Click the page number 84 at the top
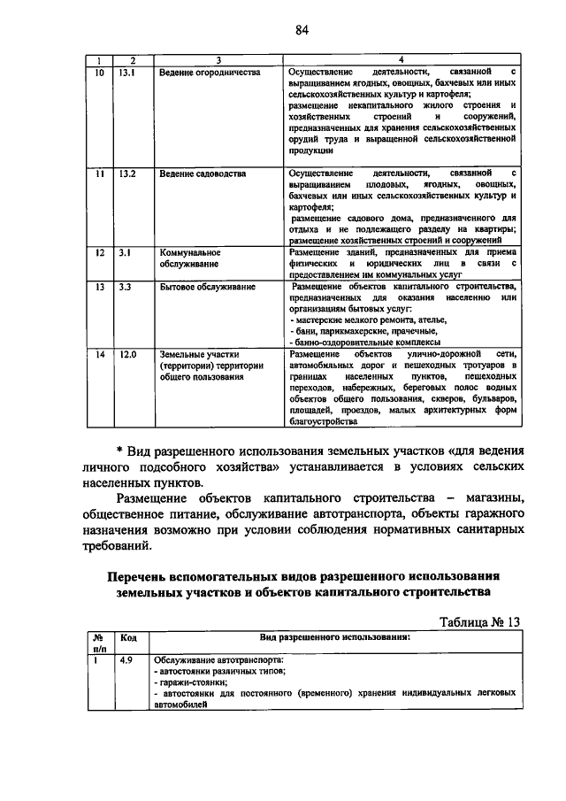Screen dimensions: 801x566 302,30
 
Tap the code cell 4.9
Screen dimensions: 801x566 126,660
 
